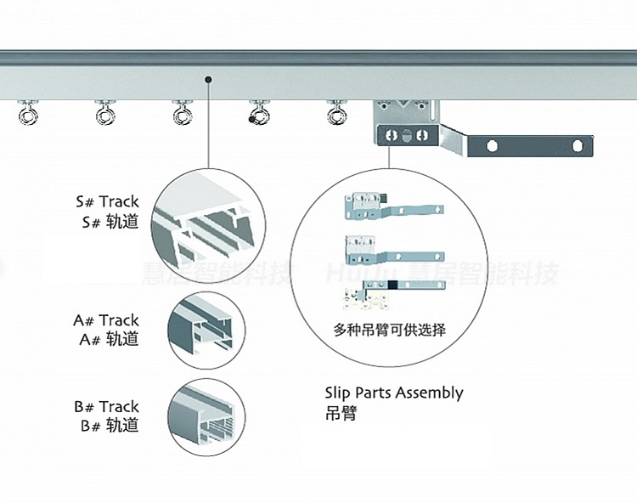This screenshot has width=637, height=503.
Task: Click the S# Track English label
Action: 107,202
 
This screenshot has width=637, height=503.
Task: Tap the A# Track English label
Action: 106,320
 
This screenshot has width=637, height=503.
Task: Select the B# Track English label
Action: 106,406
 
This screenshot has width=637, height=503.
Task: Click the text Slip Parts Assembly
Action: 393,393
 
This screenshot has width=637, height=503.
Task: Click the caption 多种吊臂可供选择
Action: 390,330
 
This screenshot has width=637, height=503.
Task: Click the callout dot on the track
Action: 208,81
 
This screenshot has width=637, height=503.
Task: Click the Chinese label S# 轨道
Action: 107,223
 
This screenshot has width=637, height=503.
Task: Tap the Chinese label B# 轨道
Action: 108,426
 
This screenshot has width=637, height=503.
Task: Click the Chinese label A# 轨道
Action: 106,340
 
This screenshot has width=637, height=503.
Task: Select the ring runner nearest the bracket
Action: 337,113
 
